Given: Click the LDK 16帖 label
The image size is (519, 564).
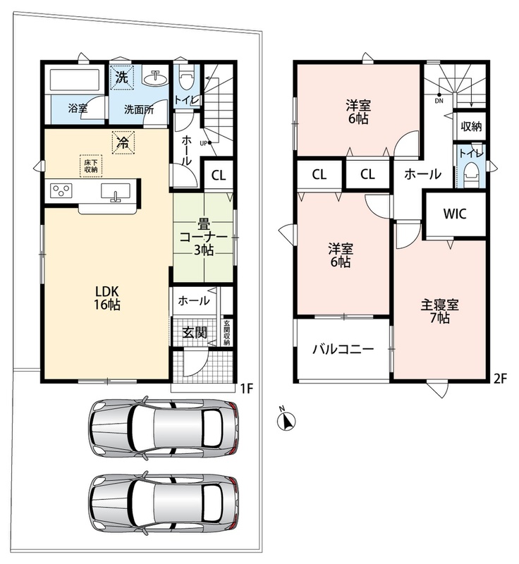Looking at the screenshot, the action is point(107,298).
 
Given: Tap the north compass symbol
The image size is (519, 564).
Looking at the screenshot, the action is point(288,419).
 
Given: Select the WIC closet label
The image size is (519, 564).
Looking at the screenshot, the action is point(455,214).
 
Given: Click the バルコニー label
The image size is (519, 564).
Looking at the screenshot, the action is point(343,349).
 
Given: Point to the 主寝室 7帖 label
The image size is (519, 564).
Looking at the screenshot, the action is point(440,312).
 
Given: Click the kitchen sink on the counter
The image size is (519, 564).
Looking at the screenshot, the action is point(116,191).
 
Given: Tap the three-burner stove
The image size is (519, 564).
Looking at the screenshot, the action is point(61,190).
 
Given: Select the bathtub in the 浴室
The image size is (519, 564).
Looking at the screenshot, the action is point(75,80).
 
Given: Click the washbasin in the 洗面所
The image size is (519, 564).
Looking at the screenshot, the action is point(156,76).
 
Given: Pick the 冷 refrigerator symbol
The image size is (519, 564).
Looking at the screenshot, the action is point(123,143).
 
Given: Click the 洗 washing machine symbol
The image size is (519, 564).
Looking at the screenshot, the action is point(121,77).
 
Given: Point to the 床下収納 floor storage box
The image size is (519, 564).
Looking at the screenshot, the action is point(91,166).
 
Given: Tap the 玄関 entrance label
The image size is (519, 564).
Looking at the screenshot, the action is point(195,333).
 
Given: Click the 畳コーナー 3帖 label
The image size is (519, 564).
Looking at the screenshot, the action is point(204,238).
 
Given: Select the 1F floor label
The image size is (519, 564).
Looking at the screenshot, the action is point(247,388).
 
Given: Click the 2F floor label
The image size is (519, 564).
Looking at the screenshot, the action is point(500,379).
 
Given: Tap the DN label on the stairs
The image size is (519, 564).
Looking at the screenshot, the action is point(439,101).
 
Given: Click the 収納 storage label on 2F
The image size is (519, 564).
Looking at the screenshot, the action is point(471,127).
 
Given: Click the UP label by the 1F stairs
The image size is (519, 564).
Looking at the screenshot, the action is point(203,143).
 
